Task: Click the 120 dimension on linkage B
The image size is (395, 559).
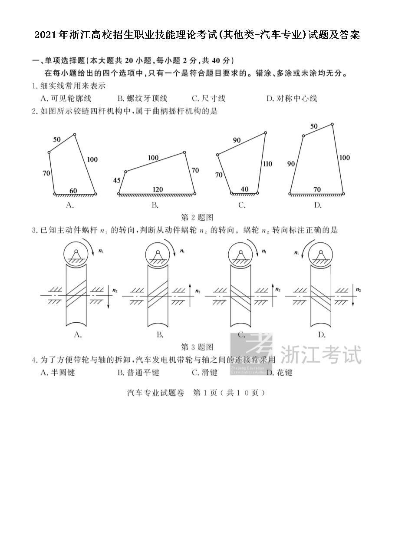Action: [x=158, y=189]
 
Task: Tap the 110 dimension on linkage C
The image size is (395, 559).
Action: [x=267, y=164]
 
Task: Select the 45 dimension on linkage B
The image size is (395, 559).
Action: [x=117, y=180]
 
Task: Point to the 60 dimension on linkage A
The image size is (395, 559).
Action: [x=73, y=191]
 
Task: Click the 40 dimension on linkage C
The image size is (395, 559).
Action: [x=245, y=189]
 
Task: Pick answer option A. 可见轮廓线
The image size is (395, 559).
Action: [x=66, y=99]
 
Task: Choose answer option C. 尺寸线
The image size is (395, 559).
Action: [x=209, y=99]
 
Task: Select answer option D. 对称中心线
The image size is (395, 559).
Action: [x=292, y=99]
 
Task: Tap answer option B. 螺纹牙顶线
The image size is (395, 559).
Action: [x=142, y=99]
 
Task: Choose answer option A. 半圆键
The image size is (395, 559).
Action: [x=58, y=373]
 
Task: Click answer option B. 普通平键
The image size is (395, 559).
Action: [x=138, y=373]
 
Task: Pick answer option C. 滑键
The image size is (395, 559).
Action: [x=205, y=373]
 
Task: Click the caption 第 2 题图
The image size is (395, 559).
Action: [x=197, y=217]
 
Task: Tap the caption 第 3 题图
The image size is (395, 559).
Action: [x=197, y=347]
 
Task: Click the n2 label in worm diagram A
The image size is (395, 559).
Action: [x=115, y=290]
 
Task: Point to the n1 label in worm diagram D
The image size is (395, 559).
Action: [x=296, y=253]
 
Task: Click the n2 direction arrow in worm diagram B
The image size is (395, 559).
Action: [x=190, y=295]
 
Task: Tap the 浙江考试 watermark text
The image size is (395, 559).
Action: [x=321, y=354]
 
